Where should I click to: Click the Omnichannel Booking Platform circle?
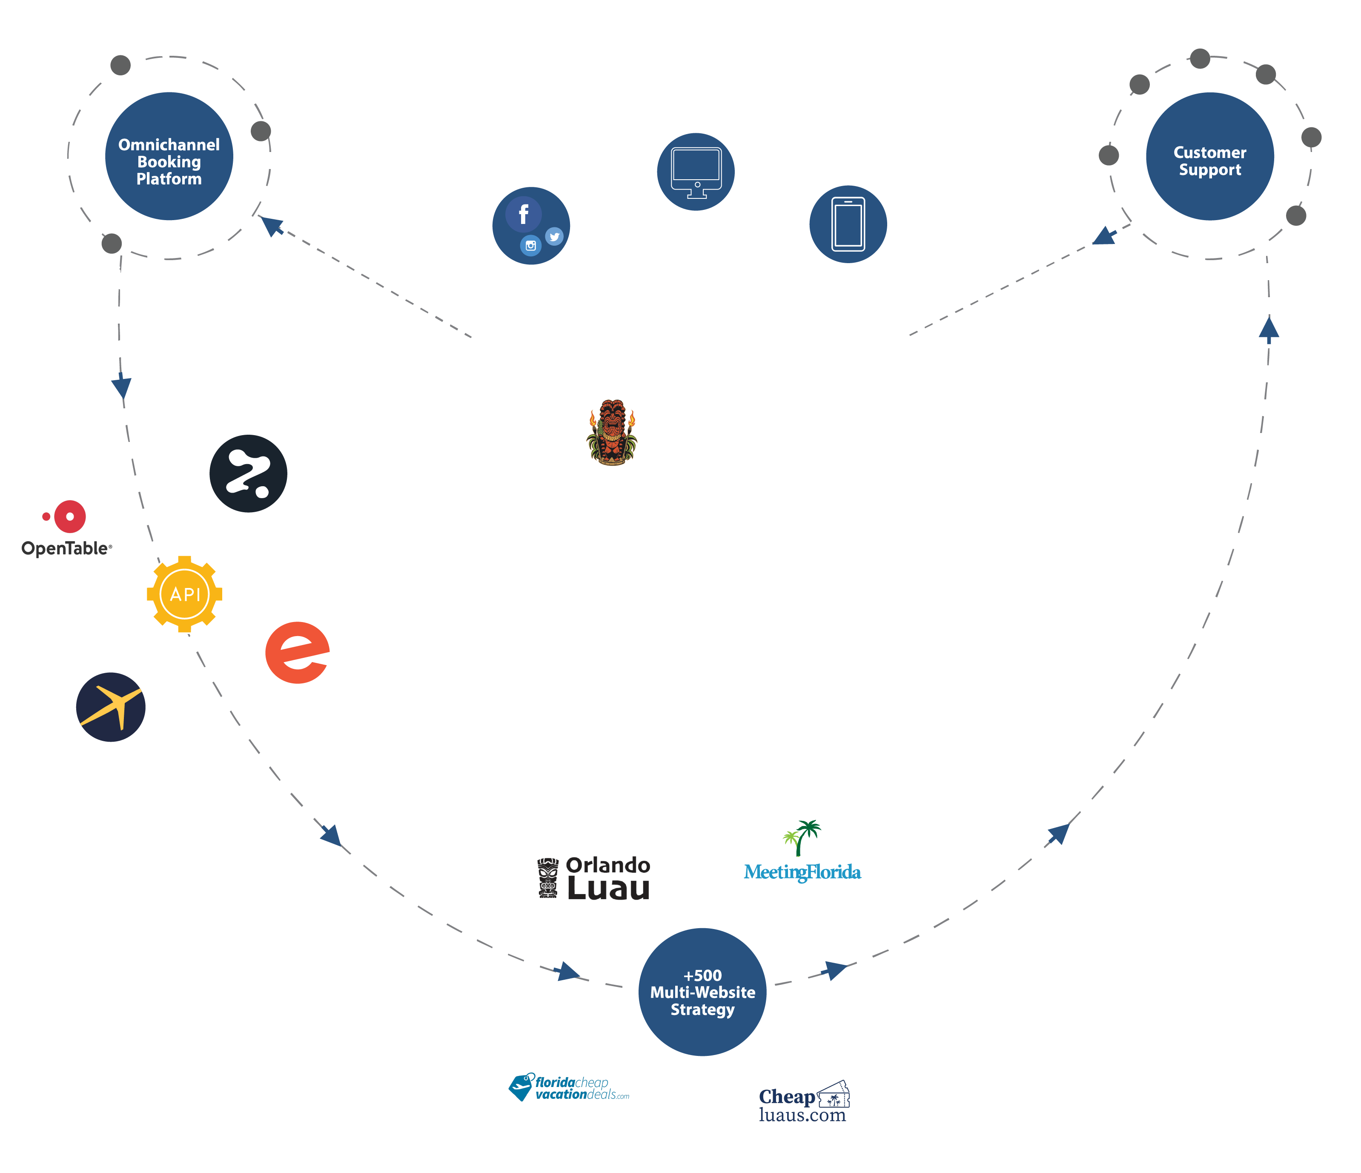[x=169, y=156]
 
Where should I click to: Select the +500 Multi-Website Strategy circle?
[x=702, y=992]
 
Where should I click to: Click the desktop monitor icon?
[x=696, y=172]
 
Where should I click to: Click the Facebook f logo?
[x=524, y=214]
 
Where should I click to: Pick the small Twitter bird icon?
[x=554, y=236]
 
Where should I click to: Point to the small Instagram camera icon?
[x=531, y=246]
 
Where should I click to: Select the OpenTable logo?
[x=67, y=529]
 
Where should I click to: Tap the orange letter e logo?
[x=298, y=653]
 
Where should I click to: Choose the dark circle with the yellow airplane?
[x=110, y=707]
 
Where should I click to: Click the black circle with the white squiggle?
[x=248, y=473]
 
